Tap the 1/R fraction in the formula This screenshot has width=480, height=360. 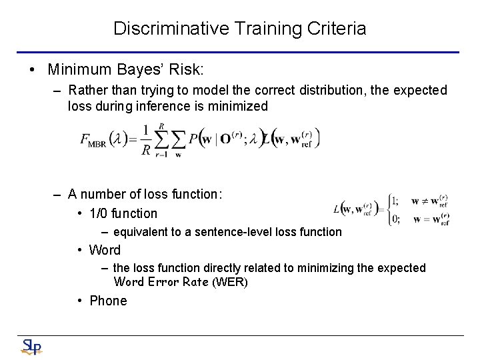tap(146, 140)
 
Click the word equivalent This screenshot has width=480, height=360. tap(138, 232)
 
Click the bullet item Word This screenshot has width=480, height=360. tap(105, 250)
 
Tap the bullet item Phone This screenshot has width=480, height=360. tap(108, 301)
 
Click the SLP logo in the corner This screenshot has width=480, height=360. tap(31, 347)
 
